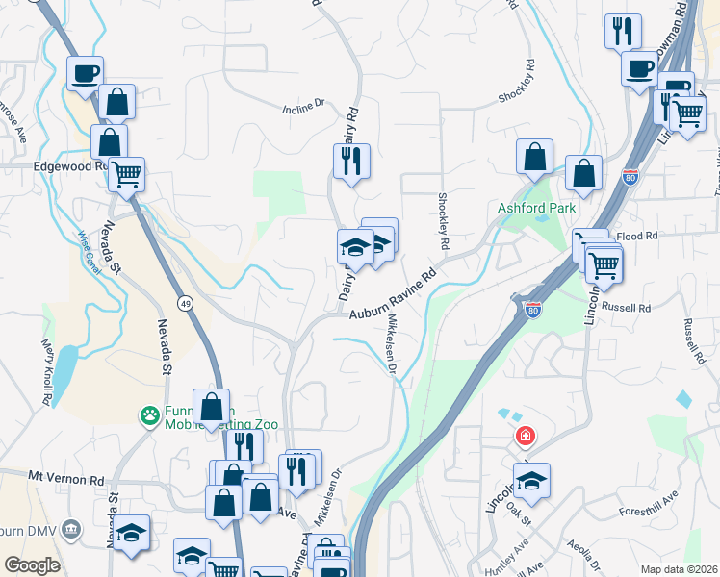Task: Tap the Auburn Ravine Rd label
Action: tap(393, 293)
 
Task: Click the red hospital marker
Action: tap(526, 438)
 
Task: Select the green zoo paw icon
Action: tap(150, 416)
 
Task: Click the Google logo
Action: tap(32, 565)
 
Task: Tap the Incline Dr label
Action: tap(306, 109)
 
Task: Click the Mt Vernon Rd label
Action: tap(65, 478)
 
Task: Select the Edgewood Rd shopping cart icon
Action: tap(126, 176)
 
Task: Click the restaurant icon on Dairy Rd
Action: tap(351, 160)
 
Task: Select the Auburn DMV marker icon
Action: tap(70, 530)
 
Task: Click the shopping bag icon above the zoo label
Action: tap(212, 407)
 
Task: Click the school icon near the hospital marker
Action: tap(531, 480)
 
